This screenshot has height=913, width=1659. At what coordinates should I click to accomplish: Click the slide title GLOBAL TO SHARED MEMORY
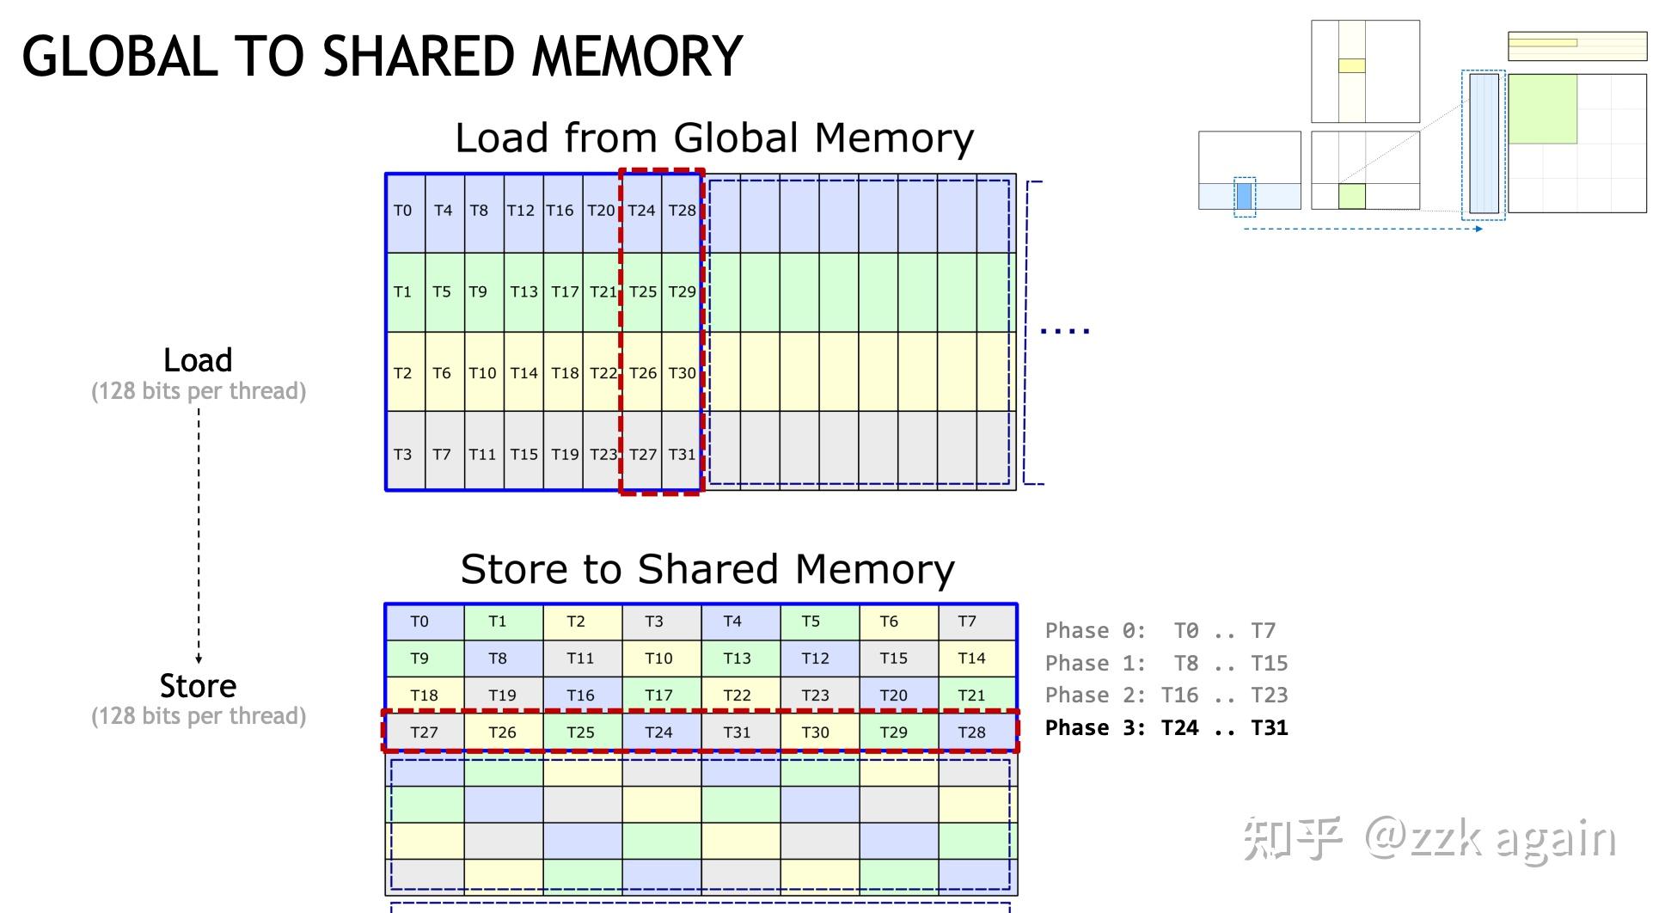[382, 57]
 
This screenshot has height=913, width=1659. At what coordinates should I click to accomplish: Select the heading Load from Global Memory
[713, 138]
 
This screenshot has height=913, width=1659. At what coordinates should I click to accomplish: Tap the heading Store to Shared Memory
[707, 569]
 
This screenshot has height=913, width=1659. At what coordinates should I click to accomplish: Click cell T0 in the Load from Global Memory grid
[403, 211]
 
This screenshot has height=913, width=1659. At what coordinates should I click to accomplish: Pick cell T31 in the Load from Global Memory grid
[682, 454]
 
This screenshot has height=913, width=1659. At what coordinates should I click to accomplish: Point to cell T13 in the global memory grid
[523, 291]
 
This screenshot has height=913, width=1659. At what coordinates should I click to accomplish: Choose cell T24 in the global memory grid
[641, 211]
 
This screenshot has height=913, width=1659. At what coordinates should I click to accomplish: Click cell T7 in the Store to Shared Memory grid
[967, 622]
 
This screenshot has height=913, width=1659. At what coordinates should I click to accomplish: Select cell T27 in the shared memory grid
[424, 732]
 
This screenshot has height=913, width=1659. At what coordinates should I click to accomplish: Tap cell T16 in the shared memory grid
[580, 695]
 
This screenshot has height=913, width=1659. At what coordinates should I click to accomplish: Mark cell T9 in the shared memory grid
[419, 659]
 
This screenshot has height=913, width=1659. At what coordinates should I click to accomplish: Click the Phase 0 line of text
[1160, 631]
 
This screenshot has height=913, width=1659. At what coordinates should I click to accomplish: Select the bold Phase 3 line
[1166, 728]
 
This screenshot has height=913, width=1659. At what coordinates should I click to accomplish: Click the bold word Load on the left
[198, 360]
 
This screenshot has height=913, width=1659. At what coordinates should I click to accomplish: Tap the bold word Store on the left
[198, 686]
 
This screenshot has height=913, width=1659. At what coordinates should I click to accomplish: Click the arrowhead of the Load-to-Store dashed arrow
[199, 659]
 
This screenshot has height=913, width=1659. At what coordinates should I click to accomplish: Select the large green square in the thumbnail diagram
[1542, 109]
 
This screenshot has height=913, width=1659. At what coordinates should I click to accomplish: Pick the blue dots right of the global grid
[1065, 330]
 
